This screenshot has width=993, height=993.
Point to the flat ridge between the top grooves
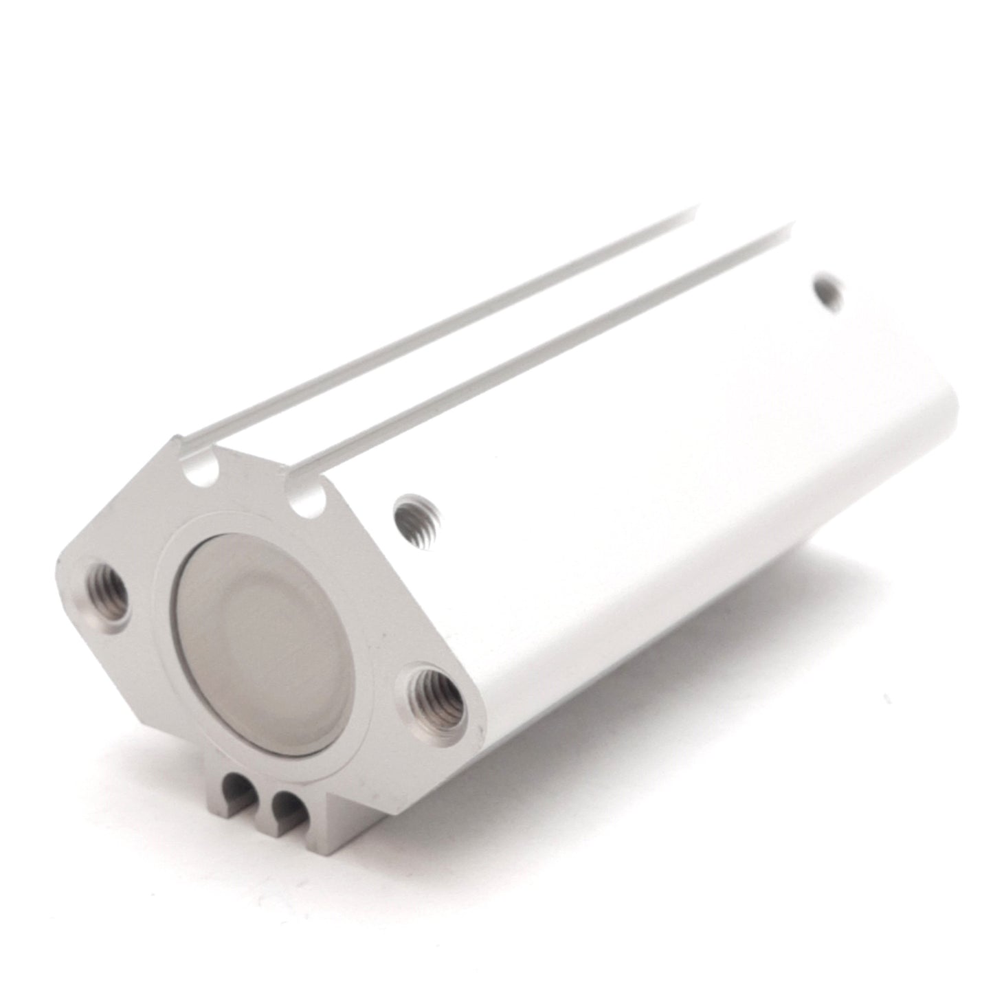(481, 344)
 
